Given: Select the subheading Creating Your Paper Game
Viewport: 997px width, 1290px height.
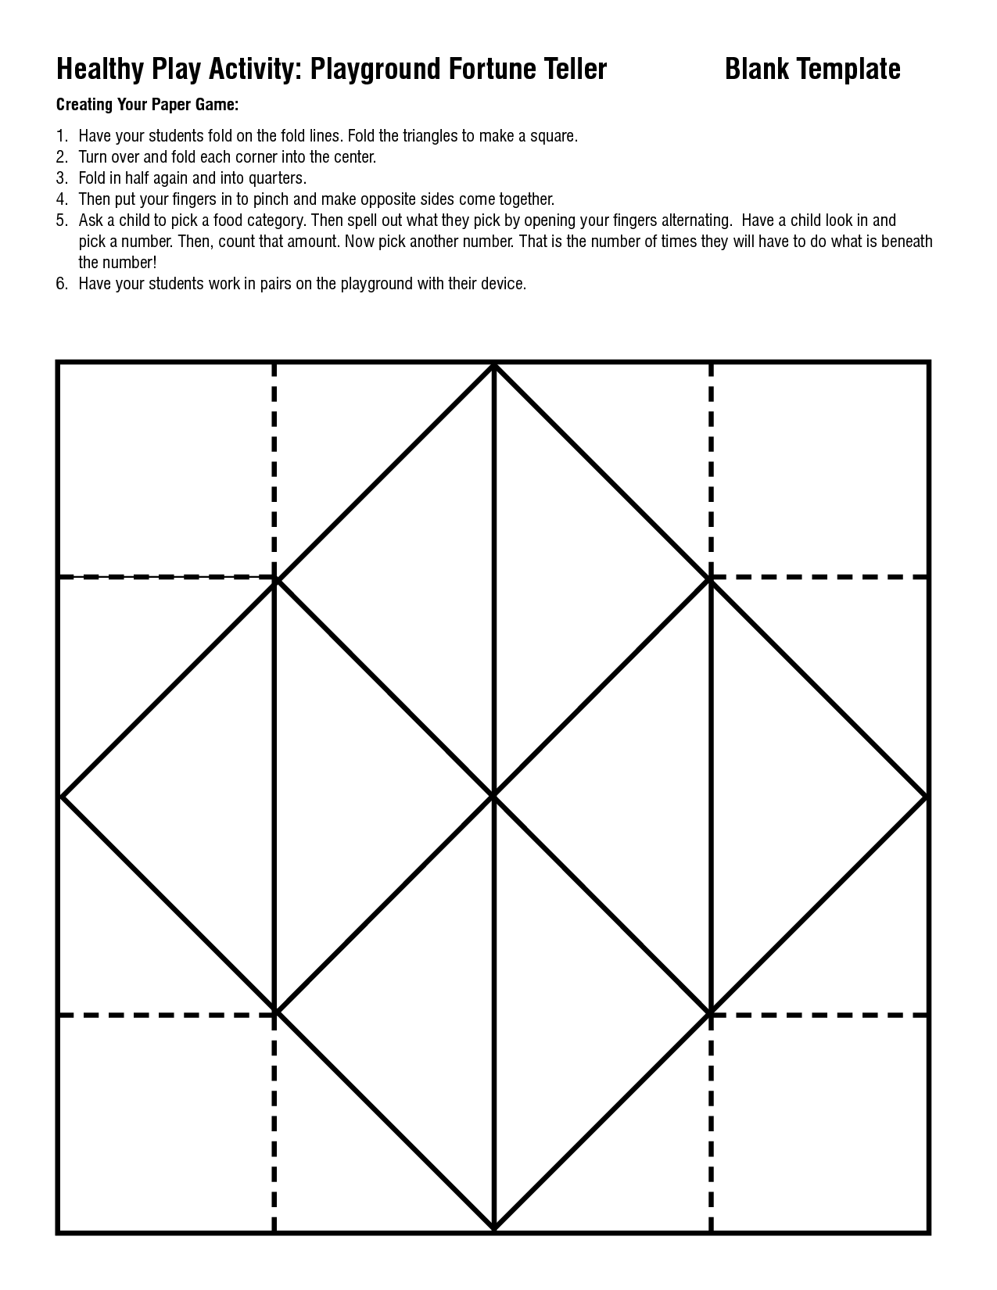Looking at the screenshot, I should click(x=147, y=105).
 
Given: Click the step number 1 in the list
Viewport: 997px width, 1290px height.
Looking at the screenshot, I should click(x=62, y=136).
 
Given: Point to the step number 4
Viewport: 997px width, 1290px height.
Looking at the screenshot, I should click(x=62, y=199).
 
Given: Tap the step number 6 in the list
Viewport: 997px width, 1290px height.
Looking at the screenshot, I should click(x=62, y=284).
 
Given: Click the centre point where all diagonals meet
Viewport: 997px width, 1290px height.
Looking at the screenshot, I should click(x=494, y=796).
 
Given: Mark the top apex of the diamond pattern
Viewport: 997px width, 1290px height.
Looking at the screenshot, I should click(x=494, y=364).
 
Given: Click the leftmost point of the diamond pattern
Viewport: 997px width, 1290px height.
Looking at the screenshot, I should click(x=62, y=797).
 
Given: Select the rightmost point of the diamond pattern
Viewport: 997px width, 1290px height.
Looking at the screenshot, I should click(x=927, y=797).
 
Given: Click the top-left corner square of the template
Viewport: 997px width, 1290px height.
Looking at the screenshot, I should click(x=166, y=469).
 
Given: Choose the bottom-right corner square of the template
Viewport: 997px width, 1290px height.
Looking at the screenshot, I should click(x=819, y=1123).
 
